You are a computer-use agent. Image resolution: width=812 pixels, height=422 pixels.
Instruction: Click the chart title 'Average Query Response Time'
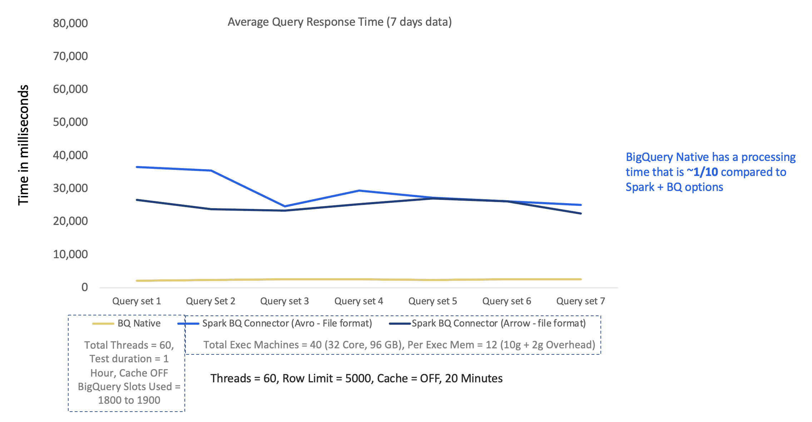340,22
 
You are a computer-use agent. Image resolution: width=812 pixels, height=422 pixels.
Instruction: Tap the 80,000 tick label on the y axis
70,23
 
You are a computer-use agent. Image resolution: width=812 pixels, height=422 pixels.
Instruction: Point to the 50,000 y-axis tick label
70,122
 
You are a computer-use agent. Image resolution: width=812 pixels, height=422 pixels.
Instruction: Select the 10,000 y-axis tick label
70,254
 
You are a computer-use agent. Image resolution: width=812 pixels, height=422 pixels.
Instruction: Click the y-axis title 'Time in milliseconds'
24,145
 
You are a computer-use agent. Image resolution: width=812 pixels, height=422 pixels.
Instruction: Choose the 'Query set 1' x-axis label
137,301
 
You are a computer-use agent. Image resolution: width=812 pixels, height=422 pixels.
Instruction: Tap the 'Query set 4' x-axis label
358,301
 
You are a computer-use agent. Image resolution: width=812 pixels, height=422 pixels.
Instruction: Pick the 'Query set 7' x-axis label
580,301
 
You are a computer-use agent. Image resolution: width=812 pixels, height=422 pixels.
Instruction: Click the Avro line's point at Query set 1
137,167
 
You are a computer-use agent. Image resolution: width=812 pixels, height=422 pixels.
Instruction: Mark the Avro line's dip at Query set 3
284,206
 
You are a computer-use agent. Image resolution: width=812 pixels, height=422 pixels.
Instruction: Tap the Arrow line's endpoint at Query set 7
580,214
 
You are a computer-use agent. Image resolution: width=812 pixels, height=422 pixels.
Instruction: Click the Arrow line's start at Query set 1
137,200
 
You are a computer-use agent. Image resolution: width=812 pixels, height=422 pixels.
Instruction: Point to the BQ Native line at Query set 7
580,279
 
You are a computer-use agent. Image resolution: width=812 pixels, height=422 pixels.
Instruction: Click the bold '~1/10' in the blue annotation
702,172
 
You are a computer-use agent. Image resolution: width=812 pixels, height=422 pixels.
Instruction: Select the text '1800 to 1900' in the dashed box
129,400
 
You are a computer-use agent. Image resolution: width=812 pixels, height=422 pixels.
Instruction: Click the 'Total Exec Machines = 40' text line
399,345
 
